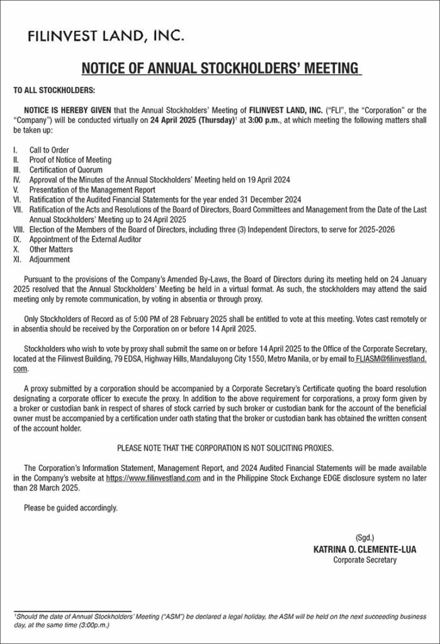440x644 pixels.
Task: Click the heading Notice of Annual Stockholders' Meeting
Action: (x=220, y=68)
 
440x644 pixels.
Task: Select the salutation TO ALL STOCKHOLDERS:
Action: (x=54, y=91)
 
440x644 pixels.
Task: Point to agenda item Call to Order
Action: (x=49, y=150)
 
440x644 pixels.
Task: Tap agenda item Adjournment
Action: (x=50, y=258)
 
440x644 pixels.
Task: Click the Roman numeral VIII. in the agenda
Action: (x=19, y=230)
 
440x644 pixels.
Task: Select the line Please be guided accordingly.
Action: (x=71, y=507)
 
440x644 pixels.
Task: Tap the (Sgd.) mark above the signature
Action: (x=364, y=538)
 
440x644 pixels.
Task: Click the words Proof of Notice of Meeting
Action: (x=71, y=160)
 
